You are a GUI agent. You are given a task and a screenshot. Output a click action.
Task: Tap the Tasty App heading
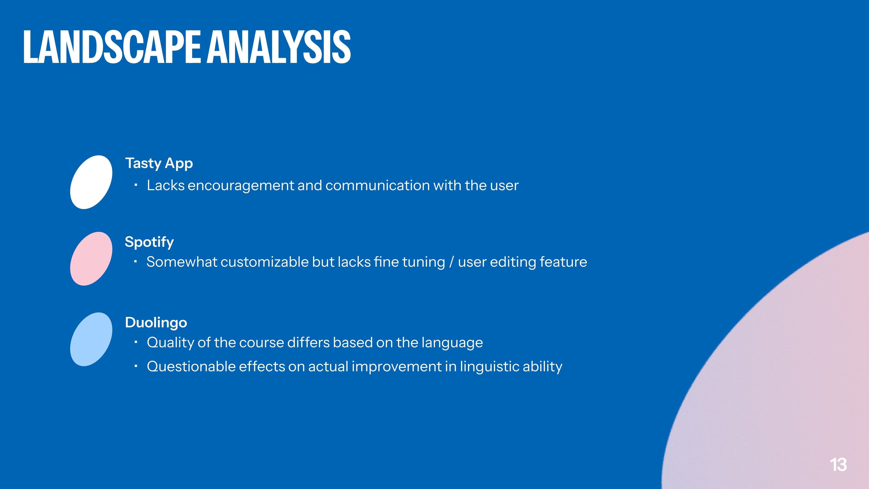pos(159,164)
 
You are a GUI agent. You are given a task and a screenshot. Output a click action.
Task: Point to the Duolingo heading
pos(156,323)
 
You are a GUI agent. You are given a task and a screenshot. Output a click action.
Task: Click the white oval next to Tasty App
pos(91,182)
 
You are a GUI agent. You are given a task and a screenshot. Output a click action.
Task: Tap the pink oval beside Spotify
pos(91,259)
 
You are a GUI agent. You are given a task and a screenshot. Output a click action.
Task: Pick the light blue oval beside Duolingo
pos(91,339)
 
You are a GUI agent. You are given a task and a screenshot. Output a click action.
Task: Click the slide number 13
pos(838,465)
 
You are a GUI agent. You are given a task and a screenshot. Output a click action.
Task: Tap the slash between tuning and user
pos(451,262)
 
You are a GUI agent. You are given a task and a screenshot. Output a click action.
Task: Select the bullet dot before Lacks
pos(136,185)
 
